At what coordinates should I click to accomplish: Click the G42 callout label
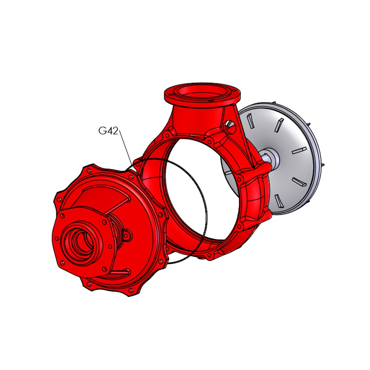(x=108, y=131)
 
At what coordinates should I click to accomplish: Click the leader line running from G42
(x=126, y=148)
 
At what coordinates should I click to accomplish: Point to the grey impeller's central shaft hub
(x=271, y=157)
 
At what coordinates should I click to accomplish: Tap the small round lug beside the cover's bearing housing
(x=128, y=235)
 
